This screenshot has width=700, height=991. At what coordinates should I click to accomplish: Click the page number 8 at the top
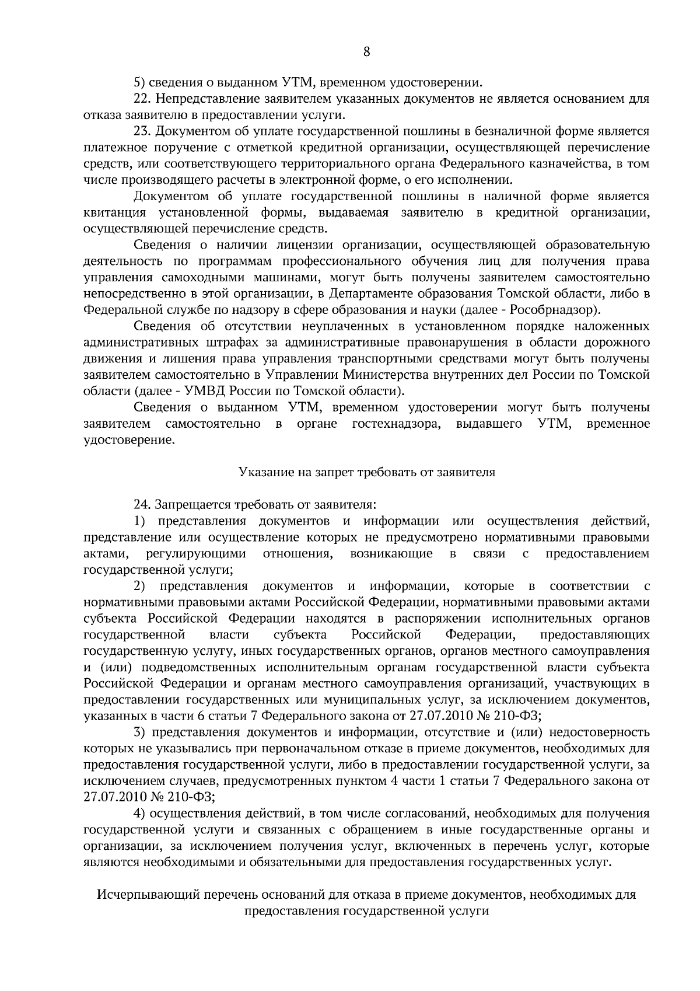pos(366,51)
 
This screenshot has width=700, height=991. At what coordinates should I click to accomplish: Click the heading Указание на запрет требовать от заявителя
pos(366,472)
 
